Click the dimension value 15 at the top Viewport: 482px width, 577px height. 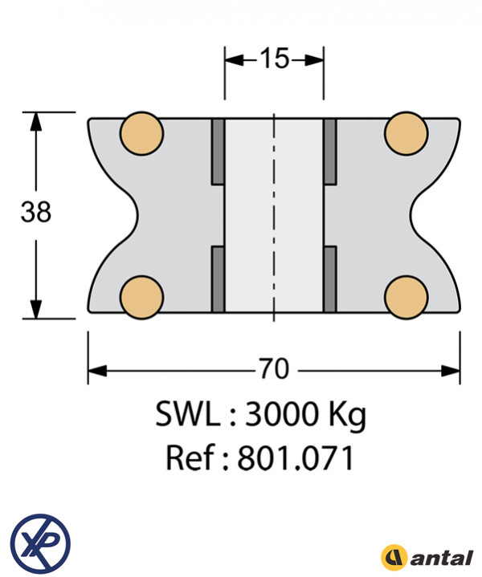point(275,59)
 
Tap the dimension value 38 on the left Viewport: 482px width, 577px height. point(35,212)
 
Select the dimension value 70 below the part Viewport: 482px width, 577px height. point(275,368)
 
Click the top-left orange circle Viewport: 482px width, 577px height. point(142,133)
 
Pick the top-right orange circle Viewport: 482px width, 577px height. point(406,133)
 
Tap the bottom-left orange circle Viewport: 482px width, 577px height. point(142,298)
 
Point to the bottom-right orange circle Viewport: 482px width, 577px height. point(406,298)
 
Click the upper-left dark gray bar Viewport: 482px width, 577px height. point(219,152)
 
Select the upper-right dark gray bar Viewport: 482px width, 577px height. point(330,152)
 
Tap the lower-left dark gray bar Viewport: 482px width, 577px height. point(219,279)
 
